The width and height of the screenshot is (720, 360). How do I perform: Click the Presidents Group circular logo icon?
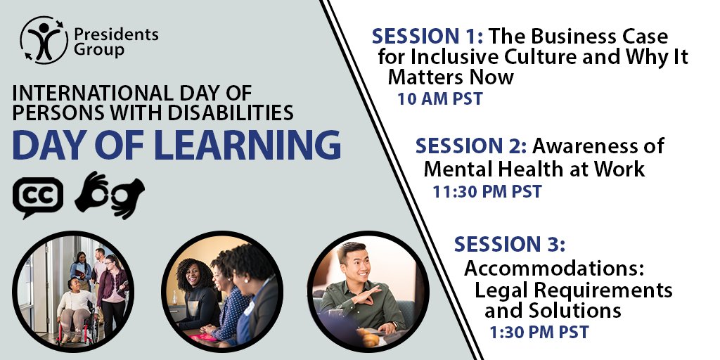(44, 40)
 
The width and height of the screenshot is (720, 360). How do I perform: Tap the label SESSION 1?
(428, 36)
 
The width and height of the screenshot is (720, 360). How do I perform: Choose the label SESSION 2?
(471, 147)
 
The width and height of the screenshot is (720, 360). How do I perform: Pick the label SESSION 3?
(510, 245)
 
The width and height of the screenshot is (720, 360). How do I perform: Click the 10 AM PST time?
(440, 98)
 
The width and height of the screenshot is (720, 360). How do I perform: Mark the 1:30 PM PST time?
(539, 331)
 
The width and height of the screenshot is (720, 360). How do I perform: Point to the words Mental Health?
(510, 169)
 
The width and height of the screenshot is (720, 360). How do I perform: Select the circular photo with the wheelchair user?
(74, 290)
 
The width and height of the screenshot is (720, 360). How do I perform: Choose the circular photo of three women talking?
(221, 290)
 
